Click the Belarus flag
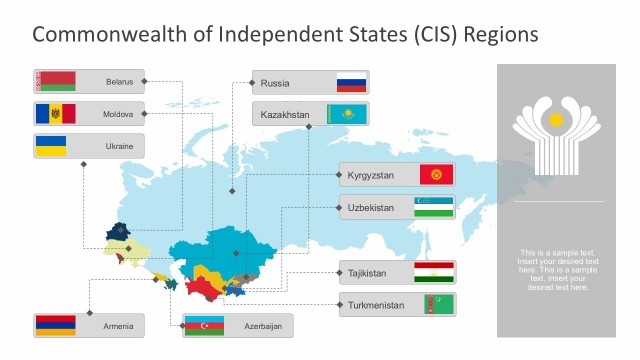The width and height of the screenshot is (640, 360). point(56,81)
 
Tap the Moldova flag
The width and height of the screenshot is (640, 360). point(56,114)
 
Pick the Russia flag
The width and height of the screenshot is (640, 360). point(351,82)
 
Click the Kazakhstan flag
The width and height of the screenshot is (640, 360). point(347,115)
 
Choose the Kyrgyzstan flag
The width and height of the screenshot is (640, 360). point(436,175)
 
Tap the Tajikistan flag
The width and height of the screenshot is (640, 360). point(435,272)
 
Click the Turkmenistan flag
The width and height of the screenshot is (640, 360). point(435,304)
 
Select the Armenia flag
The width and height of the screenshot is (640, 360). point(56,326)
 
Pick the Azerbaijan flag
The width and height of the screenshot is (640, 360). point(203,326)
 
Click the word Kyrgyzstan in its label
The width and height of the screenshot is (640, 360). point(371,176)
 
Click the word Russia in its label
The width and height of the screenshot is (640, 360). point(275,83)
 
